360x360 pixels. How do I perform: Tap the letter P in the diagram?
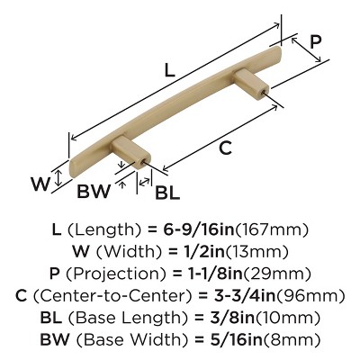315,41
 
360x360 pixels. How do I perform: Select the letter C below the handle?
225,148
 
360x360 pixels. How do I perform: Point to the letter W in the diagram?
40,184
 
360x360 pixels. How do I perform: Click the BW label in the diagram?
94,191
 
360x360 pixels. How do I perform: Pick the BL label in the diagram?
167,193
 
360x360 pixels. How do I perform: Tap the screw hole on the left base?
142,162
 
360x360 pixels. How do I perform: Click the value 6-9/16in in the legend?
198,229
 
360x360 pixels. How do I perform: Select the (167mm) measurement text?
272,229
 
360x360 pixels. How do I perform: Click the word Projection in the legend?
115,274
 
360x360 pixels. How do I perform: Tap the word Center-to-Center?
112,296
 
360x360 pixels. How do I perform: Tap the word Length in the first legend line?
103,230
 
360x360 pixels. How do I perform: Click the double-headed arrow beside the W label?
58,177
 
